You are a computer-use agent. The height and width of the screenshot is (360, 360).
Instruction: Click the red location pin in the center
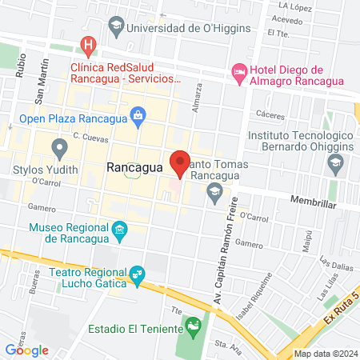(x=179, y=162)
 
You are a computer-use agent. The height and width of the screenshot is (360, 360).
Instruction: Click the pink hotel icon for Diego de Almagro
(x=238, y=71)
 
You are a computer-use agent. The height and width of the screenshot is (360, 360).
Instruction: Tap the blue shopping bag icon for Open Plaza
(x=139, y=115)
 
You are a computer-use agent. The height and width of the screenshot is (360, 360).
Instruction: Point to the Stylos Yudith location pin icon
(x=58, y=148)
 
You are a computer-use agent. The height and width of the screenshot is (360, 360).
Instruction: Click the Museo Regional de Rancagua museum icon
(x=119, y=232)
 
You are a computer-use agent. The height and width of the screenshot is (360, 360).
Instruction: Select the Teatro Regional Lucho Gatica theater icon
(x=138, y=277)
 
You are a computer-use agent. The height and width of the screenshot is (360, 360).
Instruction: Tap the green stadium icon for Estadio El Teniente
(x=191, y=326)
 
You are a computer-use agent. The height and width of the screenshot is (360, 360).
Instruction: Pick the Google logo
(x=27, y=350)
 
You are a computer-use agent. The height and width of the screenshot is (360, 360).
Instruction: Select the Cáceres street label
(x=272, y=115)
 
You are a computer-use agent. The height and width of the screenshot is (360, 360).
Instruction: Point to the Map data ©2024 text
(x=325, y=353)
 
